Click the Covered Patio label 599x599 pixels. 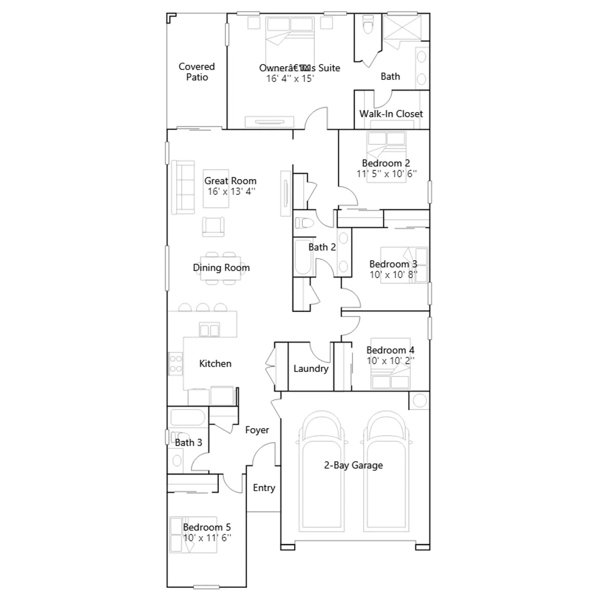coord(197,72)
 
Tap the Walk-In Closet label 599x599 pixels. coord(391,114)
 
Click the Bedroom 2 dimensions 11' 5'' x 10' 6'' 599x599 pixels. coord(386,174)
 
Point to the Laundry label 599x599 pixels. coord(311,369)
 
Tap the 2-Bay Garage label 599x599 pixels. coord(353,465)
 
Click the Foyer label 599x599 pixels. coord(257,430)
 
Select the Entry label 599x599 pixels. coord(264,488)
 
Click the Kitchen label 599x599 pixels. coord(215,364)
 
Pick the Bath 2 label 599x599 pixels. coord(322,247)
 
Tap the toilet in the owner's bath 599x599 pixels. coord(368,24)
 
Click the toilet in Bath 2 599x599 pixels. coord(304,224)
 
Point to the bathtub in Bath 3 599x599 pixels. coord(188,417)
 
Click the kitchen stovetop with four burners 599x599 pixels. coord(176,364)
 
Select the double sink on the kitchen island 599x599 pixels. coord(209,330)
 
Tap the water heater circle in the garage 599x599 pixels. coord(420,401)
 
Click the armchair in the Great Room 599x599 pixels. coord(213,227)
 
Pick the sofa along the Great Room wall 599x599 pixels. coord(183,187)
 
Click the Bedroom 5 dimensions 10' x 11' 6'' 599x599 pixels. coord(207,538)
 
